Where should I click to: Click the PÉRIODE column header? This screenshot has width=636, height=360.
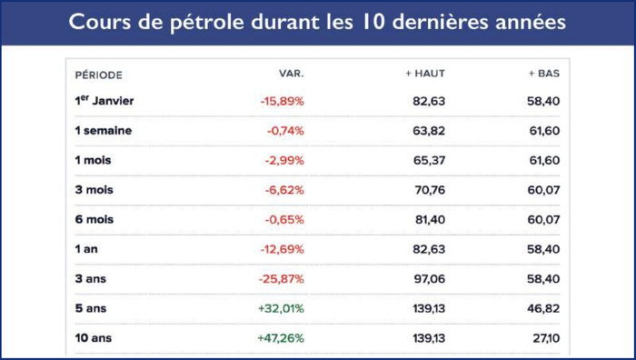pos(98,75)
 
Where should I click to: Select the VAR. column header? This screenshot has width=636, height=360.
pos(291,73)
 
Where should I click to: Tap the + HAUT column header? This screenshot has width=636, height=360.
pos(425,73)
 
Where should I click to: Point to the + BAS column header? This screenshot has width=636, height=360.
pos(543,73)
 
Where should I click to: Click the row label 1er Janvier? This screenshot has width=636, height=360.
pos(104,100)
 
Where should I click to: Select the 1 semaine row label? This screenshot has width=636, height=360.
pos(103,130)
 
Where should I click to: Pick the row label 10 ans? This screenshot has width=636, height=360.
pos(94,338)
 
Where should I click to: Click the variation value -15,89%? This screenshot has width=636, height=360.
pos(282,101)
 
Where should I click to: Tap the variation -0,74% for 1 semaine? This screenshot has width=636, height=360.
pos(285,131)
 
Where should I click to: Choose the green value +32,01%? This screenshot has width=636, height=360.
pos(282,308)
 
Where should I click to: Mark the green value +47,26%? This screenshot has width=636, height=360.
pos(282,338)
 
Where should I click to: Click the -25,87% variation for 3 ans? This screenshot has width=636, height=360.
pos(282,279)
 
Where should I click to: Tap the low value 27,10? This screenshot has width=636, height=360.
pos(543,338)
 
